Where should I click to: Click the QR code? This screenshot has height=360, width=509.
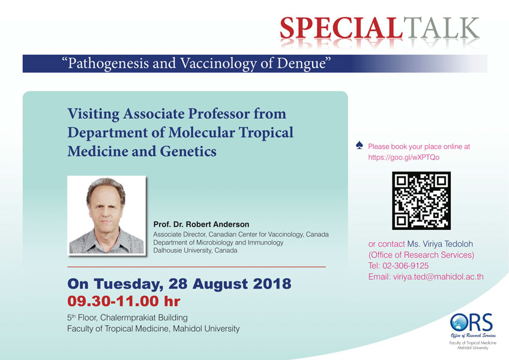(421, 200)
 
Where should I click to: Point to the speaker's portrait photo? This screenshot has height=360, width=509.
(106, 215)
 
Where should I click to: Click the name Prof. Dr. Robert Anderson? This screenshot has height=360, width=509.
(201, 224)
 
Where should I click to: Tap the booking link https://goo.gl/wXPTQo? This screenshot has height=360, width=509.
(403, 157)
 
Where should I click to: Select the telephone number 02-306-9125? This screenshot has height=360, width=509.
(405, 266)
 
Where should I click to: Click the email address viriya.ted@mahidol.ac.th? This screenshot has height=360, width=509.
(438, 277)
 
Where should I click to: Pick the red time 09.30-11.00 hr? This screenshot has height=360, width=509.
(124, 301)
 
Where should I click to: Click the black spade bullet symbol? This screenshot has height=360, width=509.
(359, 145)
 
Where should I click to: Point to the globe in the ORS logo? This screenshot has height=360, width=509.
(459, 323)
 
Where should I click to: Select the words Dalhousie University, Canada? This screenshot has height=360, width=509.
(195, 250)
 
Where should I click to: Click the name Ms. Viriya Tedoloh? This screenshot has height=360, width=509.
(440, 244)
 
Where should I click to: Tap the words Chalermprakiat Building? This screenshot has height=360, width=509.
(144, 317)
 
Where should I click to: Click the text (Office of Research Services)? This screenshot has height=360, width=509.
(421, 255)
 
